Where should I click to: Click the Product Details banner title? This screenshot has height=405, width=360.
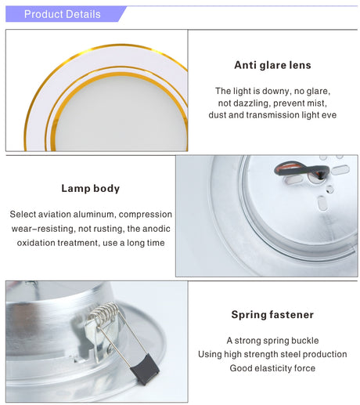(x=62, y=14)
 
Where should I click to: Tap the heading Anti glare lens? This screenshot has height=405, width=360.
(x=272, y=65)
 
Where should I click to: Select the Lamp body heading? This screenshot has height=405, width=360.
(x=91, y=189)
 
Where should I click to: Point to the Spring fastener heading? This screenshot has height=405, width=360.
(x=272, y=315)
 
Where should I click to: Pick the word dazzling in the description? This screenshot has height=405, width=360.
(x=252, y=103)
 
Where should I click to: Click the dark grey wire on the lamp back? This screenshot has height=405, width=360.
(x=302, y=171)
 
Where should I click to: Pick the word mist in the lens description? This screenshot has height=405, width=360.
(x=317, y=103)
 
